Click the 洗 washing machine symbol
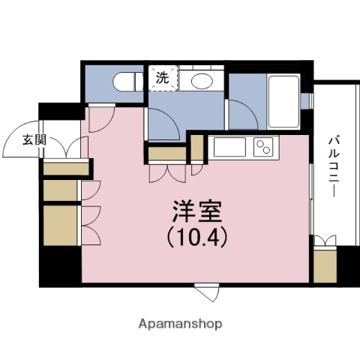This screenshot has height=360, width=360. click(163, 76)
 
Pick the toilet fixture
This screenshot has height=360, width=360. click(125, 80)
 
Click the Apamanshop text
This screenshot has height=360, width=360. click(180, 324)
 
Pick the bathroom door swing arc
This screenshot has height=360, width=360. click(243, 116)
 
